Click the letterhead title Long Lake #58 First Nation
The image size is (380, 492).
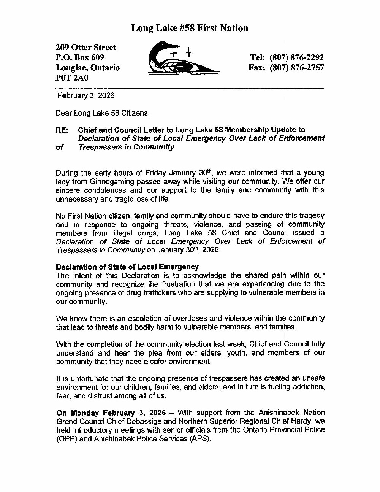pos(190,28)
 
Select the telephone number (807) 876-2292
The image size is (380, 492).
pos(297,57)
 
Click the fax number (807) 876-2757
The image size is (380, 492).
pos(297,68)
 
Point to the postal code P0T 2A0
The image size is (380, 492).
pos(72,78)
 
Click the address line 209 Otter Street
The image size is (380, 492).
pos(86,48)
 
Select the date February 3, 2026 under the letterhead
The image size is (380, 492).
pos(86,96)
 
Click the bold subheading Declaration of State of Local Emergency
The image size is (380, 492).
pos(127,267)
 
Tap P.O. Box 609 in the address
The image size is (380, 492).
pos(80,58)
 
